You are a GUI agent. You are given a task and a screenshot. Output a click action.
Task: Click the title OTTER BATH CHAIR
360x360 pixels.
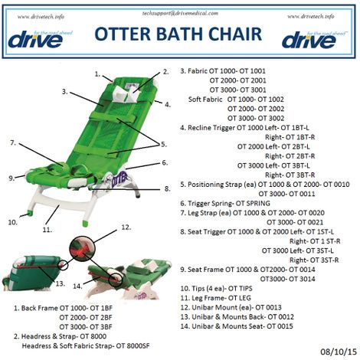coord(178,34)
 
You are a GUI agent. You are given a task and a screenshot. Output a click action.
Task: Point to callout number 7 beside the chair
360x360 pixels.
coord(13,142)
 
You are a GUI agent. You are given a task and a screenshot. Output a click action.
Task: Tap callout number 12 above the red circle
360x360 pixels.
coord(126,227)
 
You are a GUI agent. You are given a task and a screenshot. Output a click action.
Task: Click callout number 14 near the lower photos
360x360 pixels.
coord(78,286)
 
